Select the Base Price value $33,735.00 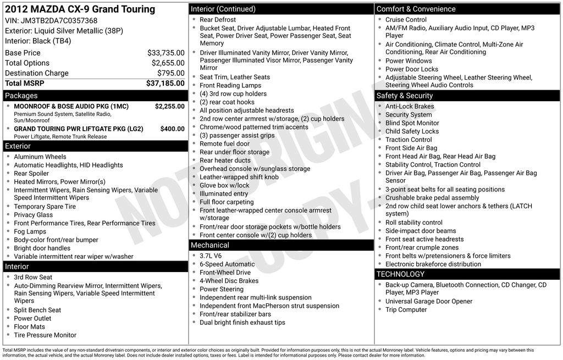click(165, 53)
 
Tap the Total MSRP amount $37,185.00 click(165, 84)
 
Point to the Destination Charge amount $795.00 click(170, 73)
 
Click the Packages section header click(21, 96)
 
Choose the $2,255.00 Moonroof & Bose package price click(169, 106)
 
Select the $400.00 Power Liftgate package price click(172, 129)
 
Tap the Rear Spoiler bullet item click(31, 173)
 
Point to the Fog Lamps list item click(30, 231)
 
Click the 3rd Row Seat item click(33, 278)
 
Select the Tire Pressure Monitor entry click(45, 335)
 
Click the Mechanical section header click(209, 245)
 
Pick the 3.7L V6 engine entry click(211, 256)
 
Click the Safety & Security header click(405, 96)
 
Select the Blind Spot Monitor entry click(412, 123)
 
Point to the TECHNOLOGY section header click(400, 274)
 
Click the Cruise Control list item click(406, 20)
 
